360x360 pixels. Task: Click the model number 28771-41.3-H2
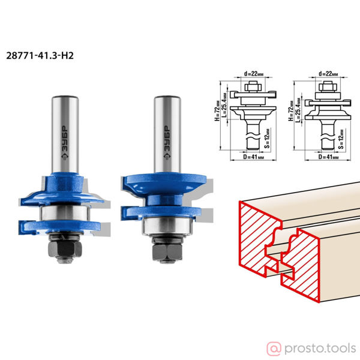[40, 56]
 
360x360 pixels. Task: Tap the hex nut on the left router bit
[65, 249]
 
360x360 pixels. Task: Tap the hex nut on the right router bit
[167, 252]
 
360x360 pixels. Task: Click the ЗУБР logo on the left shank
[65, 142]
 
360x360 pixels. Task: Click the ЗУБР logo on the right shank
[167, 142]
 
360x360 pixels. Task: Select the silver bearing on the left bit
[65, 213]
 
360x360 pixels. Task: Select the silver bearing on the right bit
[167, 226]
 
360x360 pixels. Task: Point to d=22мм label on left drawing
[254, 74]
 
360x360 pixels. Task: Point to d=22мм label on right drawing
[328, 74]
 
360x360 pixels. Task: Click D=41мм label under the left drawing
[254, 157]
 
